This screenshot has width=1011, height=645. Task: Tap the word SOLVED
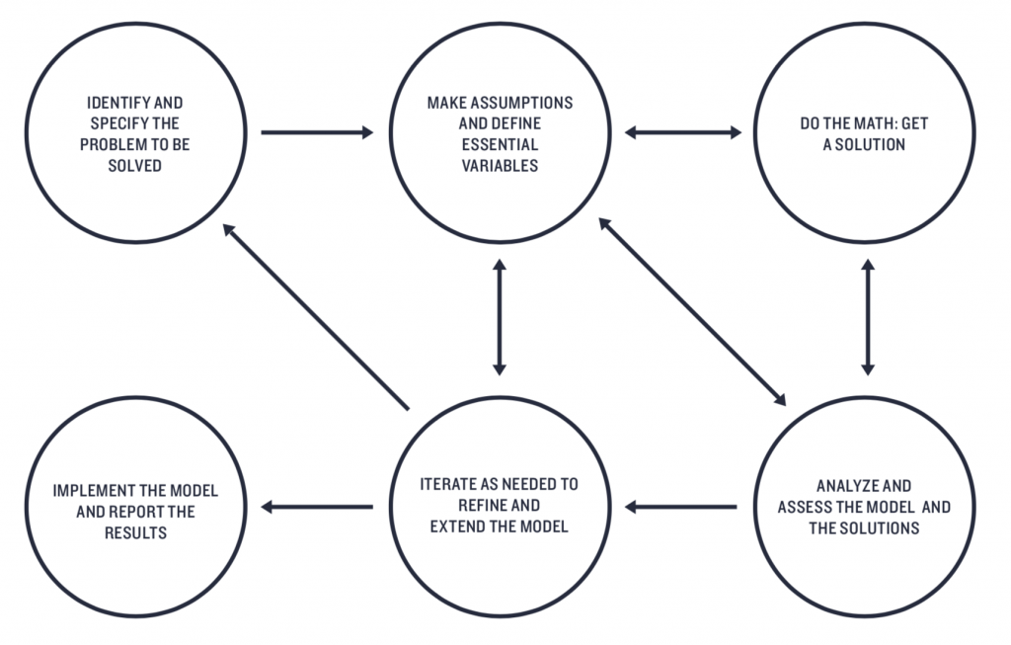pyautogui.click(x=135, y=167)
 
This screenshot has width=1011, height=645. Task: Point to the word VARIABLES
pyautogui.click(x=500, y=166)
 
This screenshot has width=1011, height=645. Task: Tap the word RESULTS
pyautogui.click(x=135, y=533)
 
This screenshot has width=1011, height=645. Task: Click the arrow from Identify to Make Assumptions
pyautogui.click(x=317, y=131)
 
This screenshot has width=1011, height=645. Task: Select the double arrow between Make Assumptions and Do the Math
pyautogui.click(x=683, y=131)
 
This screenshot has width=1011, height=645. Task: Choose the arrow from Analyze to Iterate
pyautogui.click(x=682, y=508)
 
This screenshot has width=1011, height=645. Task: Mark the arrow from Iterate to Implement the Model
pyautogui.click(x=317, y=508)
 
